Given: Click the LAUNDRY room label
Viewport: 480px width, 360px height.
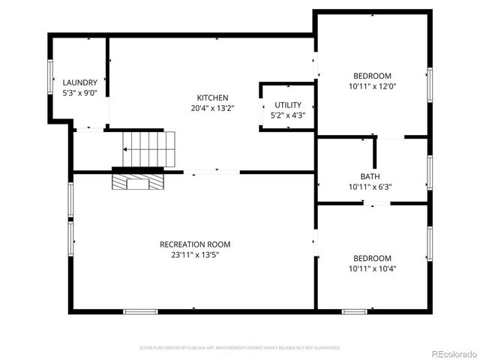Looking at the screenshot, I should coord(79,82).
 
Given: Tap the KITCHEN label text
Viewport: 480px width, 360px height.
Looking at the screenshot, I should coord(212,97).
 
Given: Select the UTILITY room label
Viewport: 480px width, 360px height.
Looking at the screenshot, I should coord(288,105).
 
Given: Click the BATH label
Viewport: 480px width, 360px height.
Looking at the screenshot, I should coord(370,177).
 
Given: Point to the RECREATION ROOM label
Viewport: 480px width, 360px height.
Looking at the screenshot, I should coord(194,244).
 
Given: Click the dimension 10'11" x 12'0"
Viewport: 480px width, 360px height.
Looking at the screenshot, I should coord(372,86).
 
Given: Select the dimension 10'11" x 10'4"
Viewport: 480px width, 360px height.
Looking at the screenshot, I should coord(372,268).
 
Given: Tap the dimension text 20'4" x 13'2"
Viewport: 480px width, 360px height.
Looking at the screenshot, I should coord(212,108).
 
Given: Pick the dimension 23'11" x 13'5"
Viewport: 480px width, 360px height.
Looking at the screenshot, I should coord(194,255).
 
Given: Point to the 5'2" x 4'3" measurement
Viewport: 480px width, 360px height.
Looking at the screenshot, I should coord(288,115).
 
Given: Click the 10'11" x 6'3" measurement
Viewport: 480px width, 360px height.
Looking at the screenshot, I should coord(370,187).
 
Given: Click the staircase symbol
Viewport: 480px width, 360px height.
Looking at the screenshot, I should coord(149,148).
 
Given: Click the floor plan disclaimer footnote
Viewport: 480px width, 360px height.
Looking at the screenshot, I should coord(240,348).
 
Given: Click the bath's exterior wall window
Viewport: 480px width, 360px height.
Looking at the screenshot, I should coord(429,171).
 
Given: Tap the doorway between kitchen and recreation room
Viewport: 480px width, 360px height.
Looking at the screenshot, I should coord(211,172).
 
